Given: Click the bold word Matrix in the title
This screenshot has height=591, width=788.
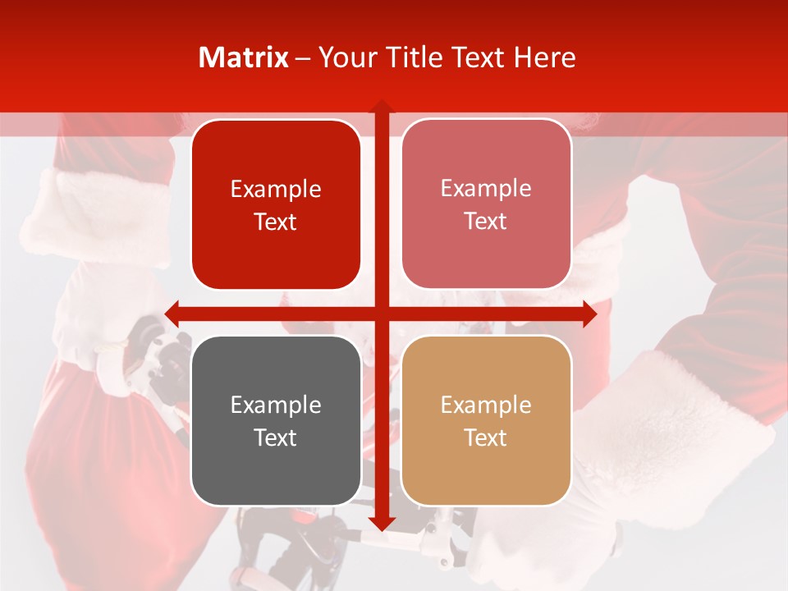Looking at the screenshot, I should point(244,57).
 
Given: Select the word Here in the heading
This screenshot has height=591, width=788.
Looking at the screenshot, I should point(544,57).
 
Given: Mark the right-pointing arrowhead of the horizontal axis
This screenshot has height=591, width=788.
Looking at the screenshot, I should point(589,314).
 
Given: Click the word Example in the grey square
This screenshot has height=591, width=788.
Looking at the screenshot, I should point(276,405).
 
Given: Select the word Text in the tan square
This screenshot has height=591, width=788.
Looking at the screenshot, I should point(486,438).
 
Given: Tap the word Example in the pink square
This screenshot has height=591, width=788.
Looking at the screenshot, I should point(486,189).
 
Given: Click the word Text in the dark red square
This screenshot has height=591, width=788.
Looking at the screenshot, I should point(276,222).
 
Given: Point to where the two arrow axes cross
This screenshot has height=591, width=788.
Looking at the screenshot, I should point(381,314).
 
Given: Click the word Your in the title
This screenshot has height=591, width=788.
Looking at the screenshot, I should point(346,57).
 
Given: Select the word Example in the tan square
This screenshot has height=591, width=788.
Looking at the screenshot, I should point(486,405).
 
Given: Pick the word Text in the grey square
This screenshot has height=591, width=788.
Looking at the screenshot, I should point(276,438).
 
